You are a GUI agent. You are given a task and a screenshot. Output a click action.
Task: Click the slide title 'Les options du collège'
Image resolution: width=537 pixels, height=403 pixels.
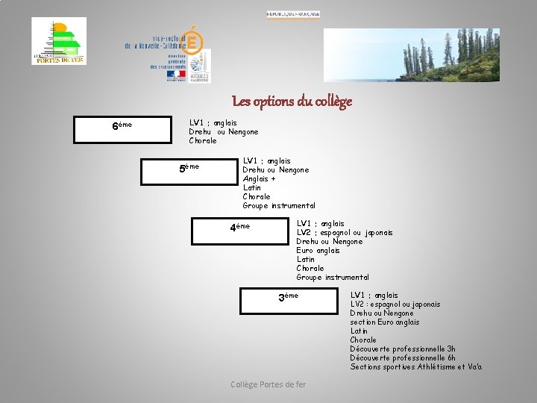pyautogui.click(x=292, y=101)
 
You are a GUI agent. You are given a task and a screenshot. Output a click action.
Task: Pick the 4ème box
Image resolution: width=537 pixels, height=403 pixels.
pyautogui.click(x=239, y=230)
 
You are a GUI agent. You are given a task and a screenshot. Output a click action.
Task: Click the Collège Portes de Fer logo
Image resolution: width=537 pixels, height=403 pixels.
pyautogui.click(x=59, y=41)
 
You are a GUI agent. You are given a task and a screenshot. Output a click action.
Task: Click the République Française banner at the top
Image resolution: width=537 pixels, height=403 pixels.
pyautogui.click(x=293, y=14)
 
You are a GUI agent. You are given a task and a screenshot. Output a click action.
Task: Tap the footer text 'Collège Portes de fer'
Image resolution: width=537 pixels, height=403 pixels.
pyautogui.click(x=268, y=384)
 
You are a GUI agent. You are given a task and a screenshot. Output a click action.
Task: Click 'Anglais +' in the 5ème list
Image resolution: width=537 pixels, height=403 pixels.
pyautogui.click(x=259, y=178)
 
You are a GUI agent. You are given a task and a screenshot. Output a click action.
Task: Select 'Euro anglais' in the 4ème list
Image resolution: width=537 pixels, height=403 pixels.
pyautogui.click(x=318, y=250)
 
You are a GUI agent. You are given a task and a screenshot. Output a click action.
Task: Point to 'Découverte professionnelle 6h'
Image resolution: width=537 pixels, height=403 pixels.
pyautogui.click(x=403, y=357)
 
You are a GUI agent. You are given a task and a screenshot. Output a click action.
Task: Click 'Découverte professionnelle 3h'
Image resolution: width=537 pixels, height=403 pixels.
pyautogui.click(x=403, y=349)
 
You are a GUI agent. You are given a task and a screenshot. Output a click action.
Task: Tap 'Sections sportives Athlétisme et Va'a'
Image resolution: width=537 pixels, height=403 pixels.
pyautogui.click(x=416, y=366)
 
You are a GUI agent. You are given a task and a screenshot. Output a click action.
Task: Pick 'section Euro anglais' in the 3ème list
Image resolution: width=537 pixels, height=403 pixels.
pyautogui.click(x=385, y=322)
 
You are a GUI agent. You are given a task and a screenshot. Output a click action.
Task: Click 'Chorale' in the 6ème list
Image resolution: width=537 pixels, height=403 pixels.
pyautogui.click(x=203, y=140)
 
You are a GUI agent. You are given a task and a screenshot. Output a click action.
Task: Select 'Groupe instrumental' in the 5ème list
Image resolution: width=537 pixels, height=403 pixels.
pyautogui.click(x=279, y=205)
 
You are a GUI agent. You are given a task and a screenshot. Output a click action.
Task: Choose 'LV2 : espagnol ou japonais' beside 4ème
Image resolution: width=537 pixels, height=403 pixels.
pyautogui.click(x=344, y=232)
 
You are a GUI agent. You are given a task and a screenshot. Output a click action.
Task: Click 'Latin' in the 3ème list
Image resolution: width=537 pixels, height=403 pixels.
pyautogui.click(x=359, y=331)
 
